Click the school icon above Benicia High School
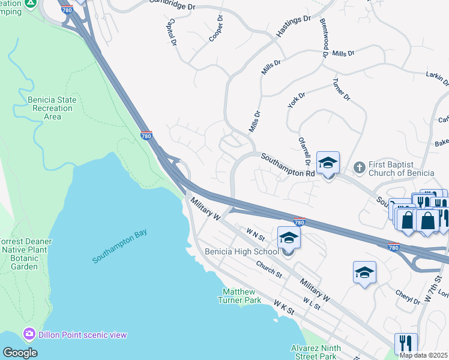289,238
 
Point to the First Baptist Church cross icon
360,167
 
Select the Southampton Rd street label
288,165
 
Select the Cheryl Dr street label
408,297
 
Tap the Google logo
20,353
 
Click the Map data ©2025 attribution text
423,355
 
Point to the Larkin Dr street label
436,79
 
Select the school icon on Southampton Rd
328,163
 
